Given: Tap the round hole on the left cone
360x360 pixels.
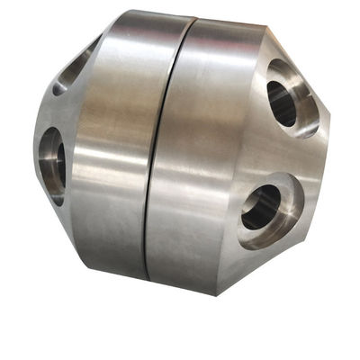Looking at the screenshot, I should tap(52, 160).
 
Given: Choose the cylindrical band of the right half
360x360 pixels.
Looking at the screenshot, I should tap(211, 153).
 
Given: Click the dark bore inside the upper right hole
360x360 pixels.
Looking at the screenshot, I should tap(282, 104).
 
